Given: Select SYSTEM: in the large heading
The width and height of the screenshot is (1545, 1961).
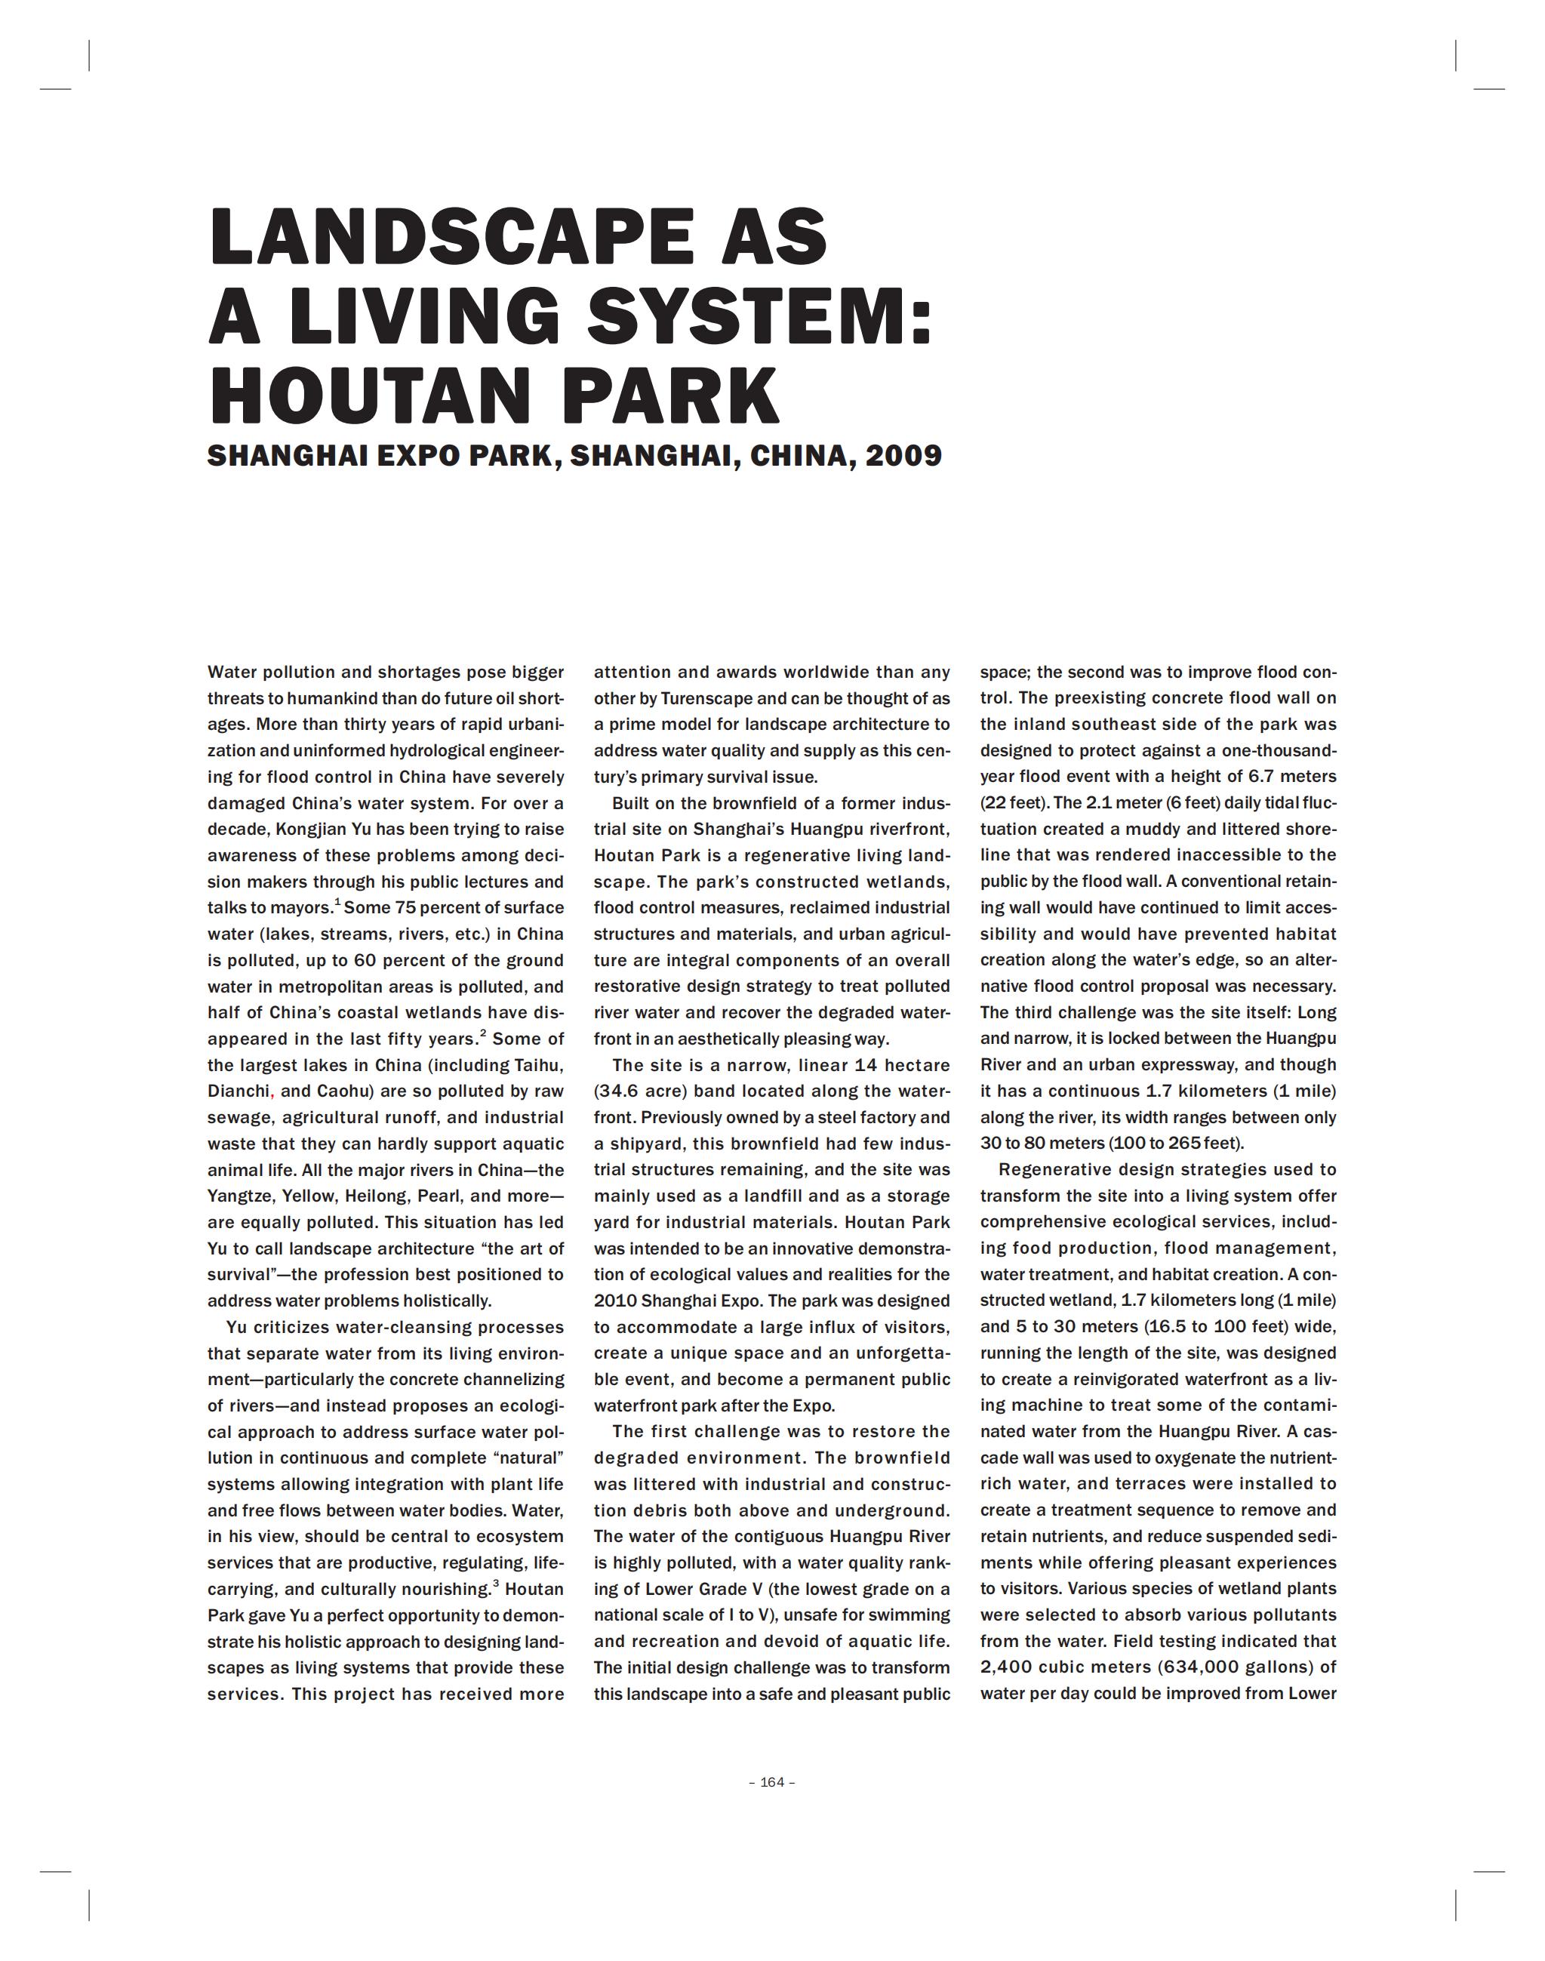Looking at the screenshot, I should (760, 316).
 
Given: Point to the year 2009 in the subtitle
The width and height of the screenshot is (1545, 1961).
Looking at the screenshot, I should (903, 455).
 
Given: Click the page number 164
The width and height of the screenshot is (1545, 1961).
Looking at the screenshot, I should (773, 1782).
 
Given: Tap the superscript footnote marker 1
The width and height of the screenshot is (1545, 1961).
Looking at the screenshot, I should (337, 902).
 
